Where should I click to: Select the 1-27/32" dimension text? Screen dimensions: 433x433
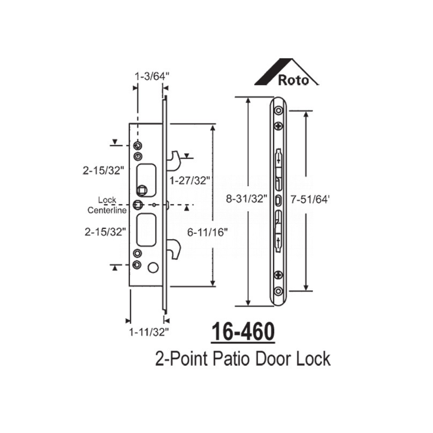coord(189,181)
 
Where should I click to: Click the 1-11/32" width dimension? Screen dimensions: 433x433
coord(148,333)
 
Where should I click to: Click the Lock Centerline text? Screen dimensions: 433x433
coord(107,205)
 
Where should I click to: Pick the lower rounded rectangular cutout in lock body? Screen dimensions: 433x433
coord(145,229)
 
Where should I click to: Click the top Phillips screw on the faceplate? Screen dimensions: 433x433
coord(278,126)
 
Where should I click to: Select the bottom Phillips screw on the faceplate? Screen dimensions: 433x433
coord(278,274)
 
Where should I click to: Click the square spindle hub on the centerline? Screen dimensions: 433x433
coord(138,204)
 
